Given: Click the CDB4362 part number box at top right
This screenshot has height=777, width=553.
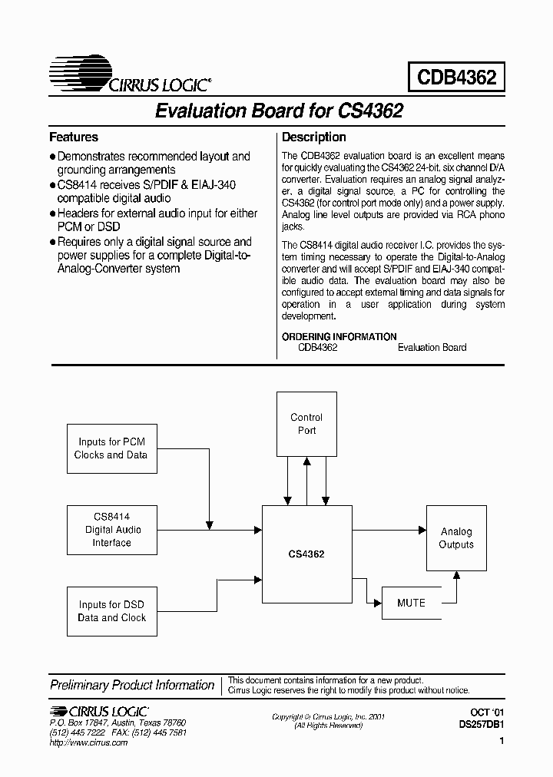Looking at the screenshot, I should (x=456, y=77).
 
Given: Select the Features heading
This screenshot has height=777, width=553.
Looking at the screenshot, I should (x=74, y=137).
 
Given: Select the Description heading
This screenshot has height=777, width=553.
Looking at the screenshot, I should (x=314, y=137).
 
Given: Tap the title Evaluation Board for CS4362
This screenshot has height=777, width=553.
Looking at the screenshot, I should (x=279, y=111).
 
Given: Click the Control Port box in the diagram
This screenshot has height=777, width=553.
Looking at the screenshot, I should (x=306, y=424).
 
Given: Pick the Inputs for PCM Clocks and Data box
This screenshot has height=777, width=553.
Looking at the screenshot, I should (x=111, y=448).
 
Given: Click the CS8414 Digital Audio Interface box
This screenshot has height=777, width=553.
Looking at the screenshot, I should (x=113, y=530).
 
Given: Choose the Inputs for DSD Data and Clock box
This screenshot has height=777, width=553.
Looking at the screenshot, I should (x=111, y=611).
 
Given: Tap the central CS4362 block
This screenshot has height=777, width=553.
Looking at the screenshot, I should (x=306, y=554).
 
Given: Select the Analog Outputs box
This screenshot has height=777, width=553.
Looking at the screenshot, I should (x=456, y=537).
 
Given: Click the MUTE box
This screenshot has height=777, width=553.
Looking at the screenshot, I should (x=411, y=603).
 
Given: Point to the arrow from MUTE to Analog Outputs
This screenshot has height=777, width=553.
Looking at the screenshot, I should (x=457, y=587).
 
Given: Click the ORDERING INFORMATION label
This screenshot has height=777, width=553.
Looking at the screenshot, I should (x=339, y=336).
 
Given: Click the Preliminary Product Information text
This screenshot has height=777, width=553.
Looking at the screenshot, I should (x=132, y=685).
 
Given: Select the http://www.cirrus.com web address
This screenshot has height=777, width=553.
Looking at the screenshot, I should (x=88, y=742).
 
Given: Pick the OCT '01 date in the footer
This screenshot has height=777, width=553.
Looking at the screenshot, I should (x=486, y=713).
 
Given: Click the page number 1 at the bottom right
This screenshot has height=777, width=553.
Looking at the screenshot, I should (x=501, y=742).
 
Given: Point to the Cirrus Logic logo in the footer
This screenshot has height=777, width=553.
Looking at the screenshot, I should (x=99, y=712).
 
